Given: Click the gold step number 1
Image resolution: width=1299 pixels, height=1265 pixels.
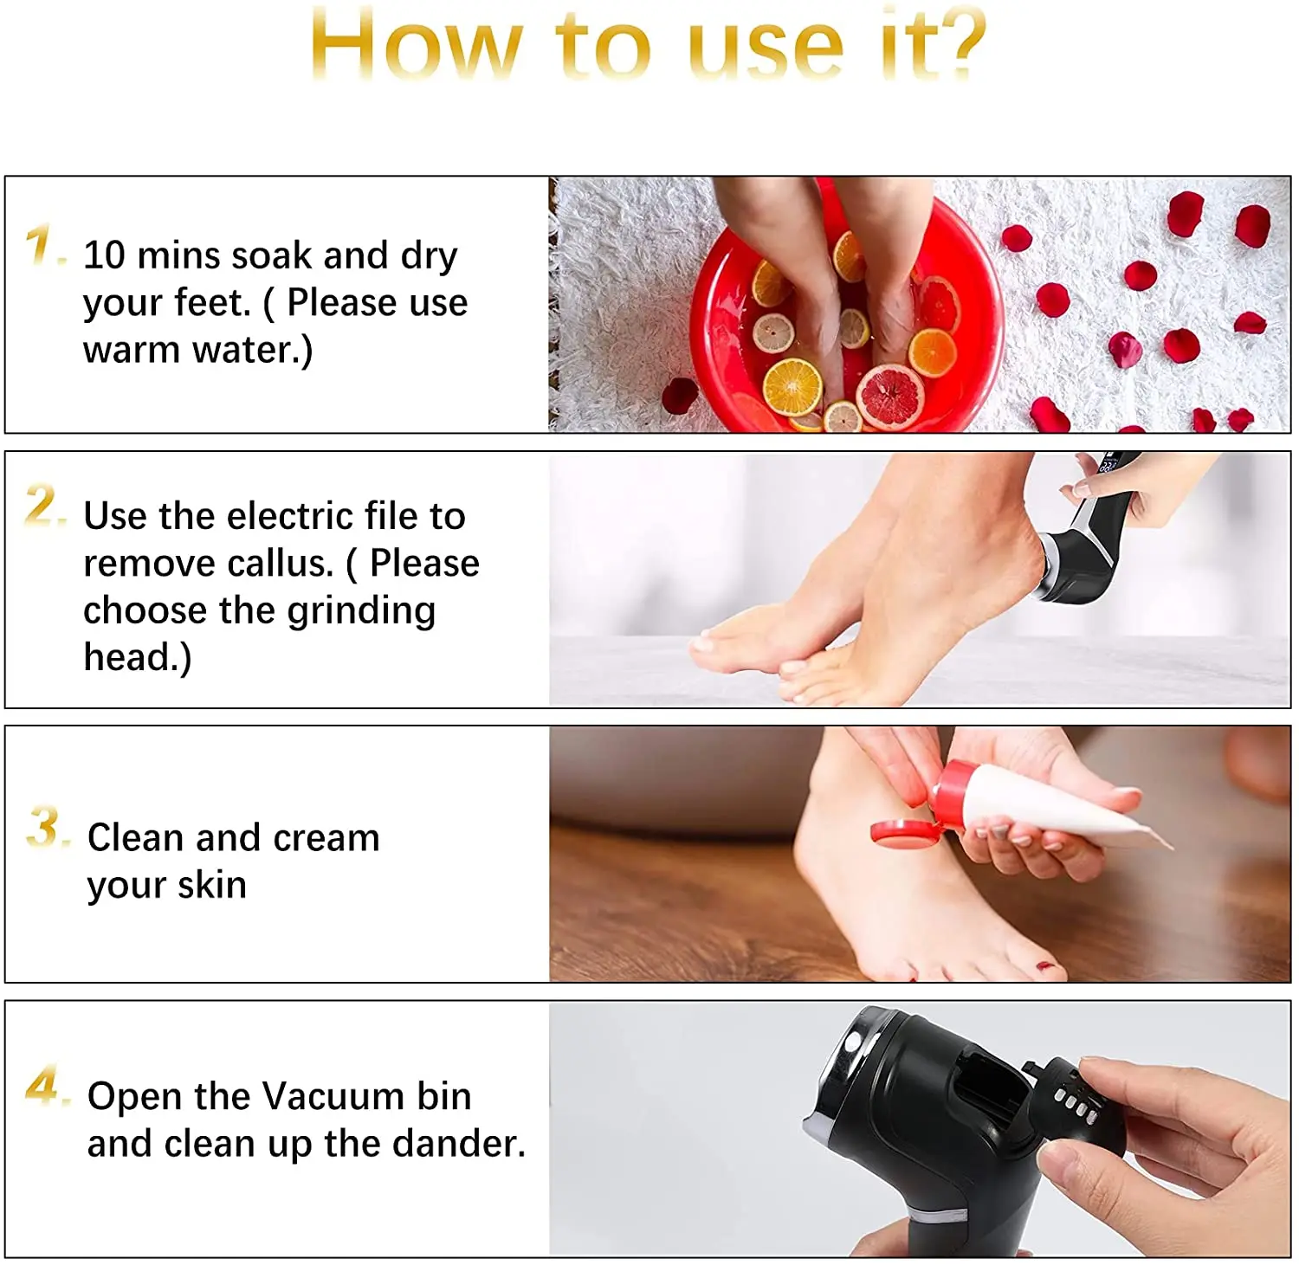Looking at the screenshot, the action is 40,244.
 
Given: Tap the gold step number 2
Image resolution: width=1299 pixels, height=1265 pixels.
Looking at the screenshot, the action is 42,504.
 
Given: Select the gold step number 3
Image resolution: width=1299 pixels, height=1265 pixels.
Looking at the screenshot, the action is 43,826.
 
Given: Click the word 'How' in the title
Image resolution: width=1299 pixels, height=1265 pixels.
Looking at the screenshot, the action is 417,44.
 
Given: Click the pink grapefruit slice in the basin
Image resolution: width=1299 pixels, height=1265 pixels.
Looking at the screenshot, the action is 890,397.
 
